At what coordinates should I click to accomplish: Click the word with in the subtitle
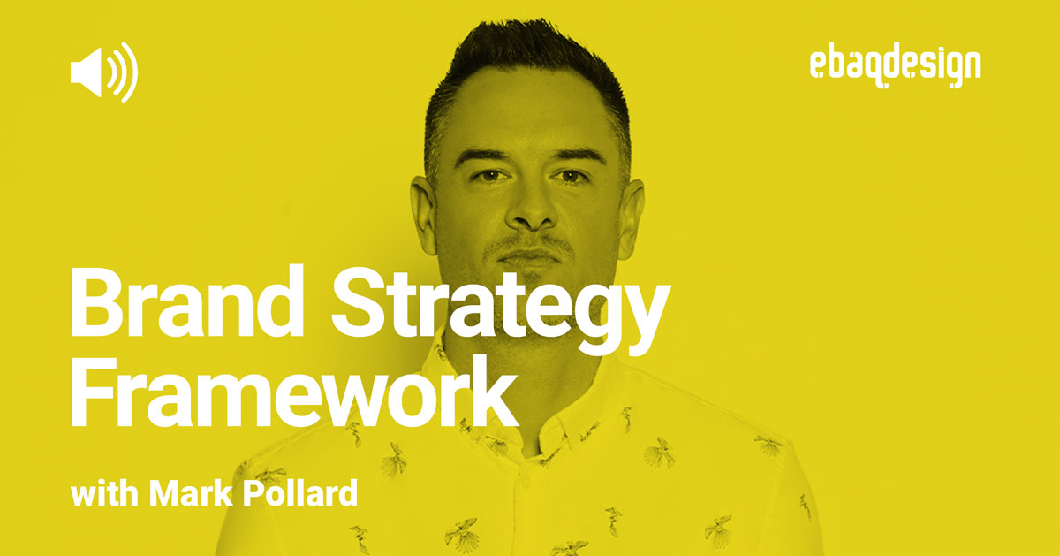(x=105, y=493)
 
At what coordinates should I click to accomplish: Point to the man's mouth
(x=530, y=256)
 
